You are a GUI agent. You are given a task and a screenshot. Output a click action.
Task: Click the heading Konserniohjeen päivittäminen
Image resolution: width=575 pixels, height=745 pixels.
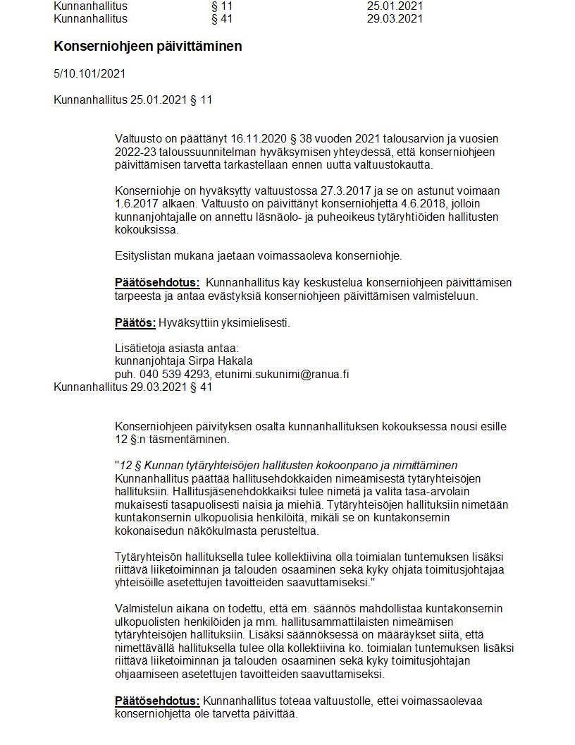(x=147, y=47)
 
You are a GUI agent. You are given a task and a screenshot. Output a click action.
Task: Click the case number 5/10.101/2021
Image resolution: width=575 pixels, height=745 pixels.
(x=89, y=73)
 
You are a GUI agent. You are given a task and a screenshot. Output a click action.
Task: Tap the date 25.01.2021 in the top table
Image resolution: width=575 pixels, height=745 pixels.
(x=395, y=6)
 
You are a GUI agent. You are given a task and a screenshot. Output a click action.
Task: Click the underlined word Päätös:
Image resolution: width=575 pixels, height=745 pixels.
(x=135, y=323)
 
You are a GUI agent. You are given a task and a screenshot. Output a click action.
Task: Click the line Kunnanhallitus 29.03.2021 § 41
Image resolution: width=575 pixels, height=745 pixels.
(x=132, y=387)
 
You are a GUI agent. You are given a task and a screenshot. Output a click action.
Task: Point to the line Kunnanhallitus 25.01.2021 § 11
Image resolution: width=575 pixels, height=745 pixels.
(x=132, y=100)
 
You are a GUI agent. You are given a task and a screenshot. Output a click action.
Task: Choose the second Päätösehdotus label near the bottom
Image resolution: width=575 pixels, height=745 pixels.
(x=157, y=701)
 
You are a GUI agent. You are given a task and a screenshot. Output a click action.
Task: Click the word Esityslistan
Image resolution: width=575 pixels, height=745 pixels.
(x=144, y=255)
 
